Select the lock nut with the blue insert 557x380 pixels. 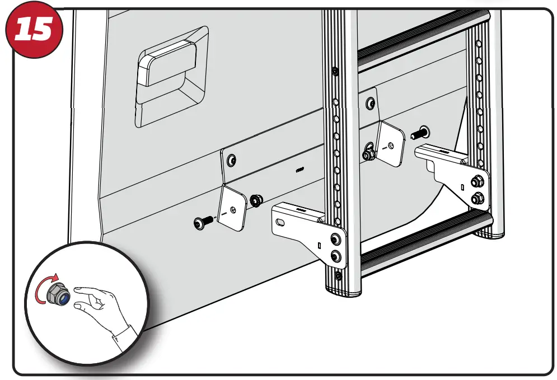pyautogui.click(x=58, y=293)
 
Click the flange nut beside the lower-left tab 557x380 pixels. pyautogui.click(x=257, y=200)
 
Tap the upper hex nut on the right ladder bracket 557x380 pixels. pyautogui.click(x=477, y=181)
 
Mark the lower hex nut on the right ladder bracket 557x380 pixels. pyautogui.click(x=477, y=198)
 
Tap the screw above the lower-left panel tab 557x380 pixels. pyautogui.click(x=231, y=161)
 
